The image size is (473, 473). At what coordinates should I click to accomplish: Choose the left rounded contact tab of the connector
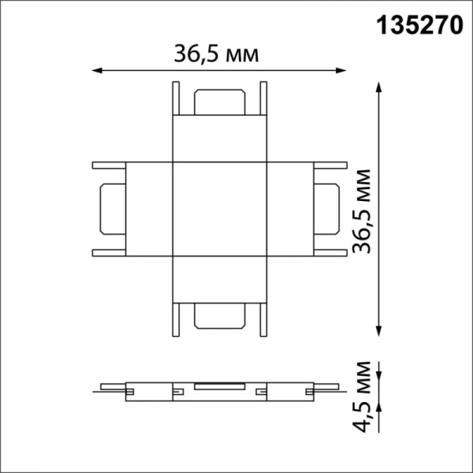110,210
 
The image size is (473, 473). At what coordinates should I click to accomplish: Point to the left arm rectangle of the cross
148,210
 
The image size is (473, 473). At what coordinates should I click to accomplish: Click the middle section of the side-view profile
220,389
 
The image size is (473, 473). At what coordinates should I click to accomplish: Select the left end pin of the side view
110,388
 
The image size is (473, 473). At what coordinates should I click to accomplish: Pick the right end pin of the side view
330,388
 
